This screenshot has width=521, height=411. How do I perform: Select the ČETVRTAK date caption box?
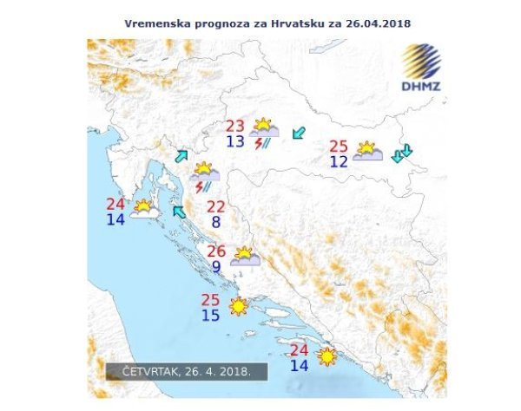(x=187, y=371)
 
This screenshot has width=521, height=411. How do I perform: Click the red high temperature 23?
(x=235, y=126)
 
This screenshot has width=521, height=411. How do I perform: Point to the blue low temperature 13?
(x=235, y=142)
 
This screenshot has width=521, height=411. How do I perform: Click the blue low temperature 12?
(x=339, y=160)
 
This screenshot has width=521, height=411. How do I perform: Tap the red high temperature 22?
(x=215, y=207)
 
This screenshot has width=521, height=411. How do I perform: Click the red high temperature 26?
(x=216, y=251)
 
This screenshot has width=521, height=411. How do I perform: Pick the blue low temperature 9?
(x=216, y=268)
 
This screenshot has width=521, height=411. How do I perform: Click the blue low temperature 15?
(x=211, y=316)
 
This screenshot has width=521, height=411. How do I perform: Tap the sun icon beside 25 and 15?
(x=237, y=307)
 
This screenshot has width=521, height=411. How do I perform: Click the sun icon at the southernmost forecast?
(x=327, y=356)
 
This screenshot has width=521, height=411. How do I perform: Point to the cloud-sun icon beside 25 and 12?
(x=367, y=152)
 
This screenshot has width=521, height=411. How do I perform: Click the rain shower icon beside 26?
(x=244, y=258)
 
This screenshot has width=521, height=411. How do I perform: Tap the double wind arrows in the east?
(x=402, y=154)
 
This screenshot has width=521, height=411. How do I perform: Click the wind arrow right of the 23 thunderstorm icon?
(x=300, y=133)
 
